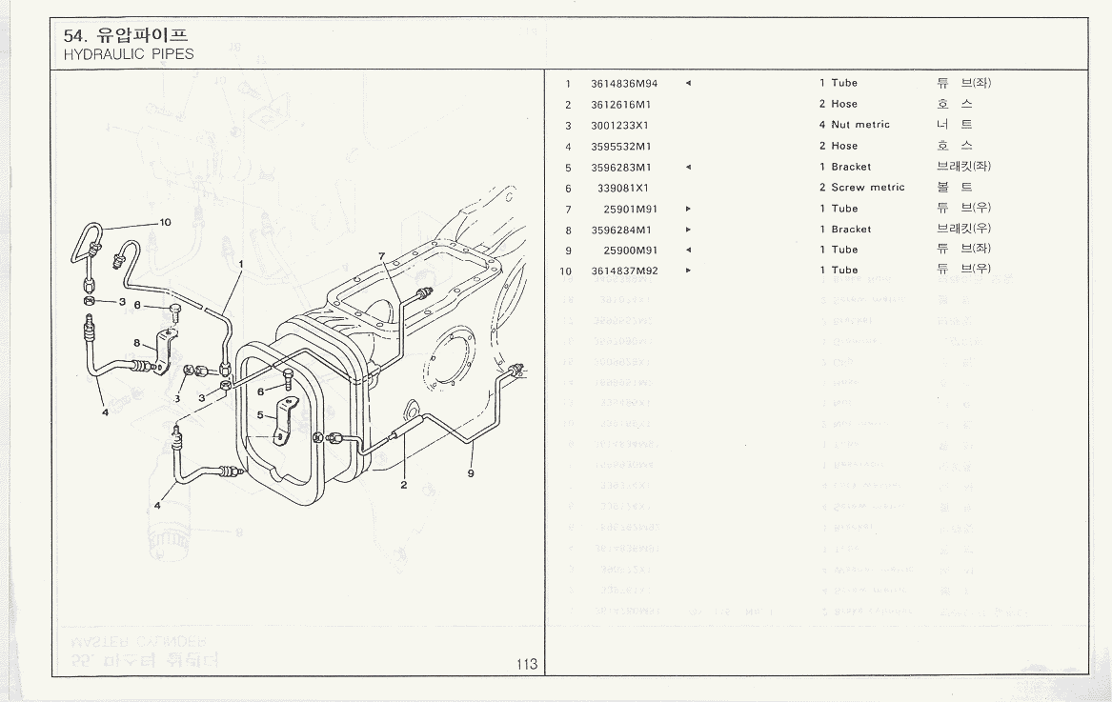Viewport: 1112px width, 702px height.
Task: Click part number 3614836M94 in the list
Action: [x=624, y=83]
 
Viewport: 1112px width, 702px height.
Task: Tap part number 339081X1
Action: [x=622, y=188]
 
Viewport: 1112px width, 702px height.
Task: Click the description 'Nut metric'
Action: [x=859, y=125]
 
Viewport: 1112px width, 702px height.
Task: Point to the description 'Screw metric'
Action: [x=867, y=188]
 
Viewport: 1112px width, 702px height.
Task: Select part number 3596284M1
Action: [x=620, y=230]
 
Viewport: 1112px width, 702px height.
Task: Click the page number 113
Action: [x=528, y=665]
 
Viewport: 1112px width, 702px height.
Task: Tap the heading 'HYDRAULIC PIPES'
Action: [x=129, y=54]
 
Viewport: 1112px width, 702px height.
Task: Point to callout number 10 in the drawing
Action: [x=165, y=222]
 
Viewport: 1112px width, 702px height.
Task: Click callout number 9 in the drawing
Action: [x=471, y=473]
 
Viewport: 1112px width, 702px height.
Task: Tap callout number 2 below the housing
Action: [x=404, y=485]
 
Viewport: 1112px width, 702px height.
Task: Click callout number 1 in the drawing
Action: [x=242, y=264]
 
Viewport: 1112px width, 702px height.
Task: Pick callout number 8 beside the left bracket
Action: [x=137, y=343]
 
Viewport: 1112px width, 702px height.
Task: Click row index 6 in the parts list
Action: [x=568, y=188]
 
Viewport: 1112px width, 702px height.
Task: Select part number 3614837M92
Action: [x=624, y=271]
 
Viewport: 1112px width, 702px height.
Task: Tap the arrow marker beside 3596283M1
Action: [x=688, y=167]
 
